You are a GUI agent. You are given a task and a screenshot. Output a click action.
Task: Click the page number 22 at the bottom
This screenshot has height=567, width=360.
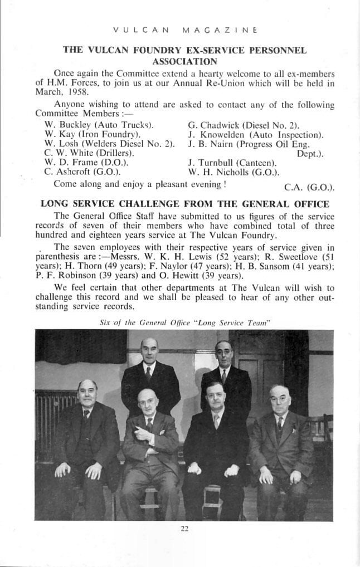184,529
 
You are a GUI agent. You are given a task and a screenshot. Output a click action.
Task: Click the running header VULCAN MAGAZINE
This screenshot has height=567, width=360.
184,29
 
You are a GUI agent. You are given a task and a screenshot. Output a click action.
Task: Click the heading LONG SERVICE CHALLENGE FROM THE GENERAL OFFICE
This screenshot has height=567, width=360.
184,204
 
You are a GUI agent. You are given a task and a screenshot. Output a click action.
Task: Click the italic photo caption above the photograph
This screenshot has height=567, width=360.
184,322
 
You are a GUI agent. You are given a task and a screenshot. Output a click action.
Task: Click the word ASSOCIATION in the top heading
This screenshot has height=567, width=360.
184,61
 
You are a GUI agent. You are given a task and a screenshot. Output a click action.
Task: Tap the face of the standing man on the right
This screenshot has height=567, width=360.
223,354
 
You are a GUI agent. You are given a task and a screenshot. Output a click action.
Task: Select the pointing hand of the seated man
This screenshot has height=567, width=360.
147,436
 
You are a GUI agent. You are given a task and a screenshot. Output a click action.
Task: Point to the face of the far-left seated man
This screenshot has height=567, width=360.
87,394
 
